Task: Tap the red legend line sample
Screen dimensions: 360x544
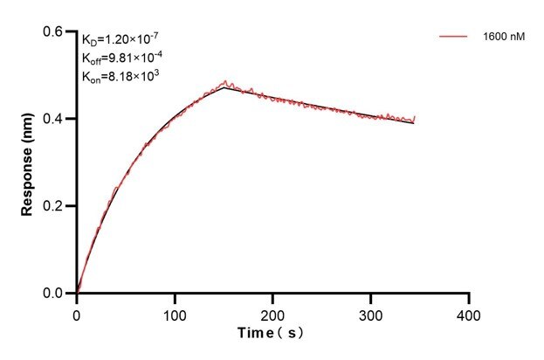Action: [454, 38]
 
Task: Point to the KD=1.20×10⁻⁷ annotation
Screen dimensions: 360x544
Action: [121, 39]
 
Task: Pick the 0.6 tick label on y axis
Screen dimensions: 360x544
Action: [54, 31]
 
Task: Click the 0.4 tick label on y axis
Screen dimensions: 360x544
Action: [54, 119]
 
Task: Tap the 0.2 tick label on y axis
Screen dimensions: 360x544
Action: [54, 206]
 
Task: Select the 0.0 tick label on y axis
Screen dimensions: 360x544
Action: [54, 294]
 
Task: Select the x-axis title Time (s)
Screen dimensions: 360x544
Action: [273, 334]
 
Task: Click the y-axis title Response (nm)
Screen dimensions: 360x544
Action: [29, 163]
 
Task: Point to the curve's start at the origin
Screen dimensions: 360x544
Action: [77, 294]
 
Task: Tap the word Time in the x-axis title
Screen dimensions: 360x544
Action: [258, 334]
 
